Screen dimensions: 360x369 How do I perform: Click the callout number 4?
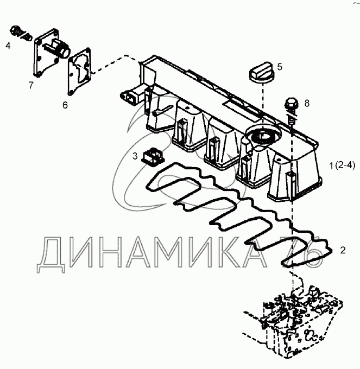coord(8,46)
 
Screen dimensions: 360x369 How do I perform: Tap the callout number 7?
coord(31,85)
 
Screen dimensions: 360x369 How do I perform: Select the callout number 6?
coord(65,105)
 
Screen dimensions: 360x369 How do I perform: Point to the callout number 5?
coord(280,67)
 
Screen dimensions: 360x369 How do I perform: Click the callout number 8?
coord(307,103)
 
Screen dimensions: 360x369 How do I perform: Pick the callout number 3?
coord(135,156)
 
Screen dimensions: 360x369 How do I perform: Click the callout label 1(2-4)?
coord(342,166)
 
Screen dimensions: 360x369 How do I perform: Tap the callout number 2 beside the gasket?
coord(343,250)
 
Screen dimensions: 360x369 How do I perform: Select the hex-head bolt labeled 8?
coord(292,111)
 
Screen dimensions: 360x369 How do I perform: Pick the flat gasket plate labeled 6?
coord(79,71)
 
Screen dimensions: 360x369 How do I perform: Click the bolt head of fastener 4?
coord(15,30)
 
